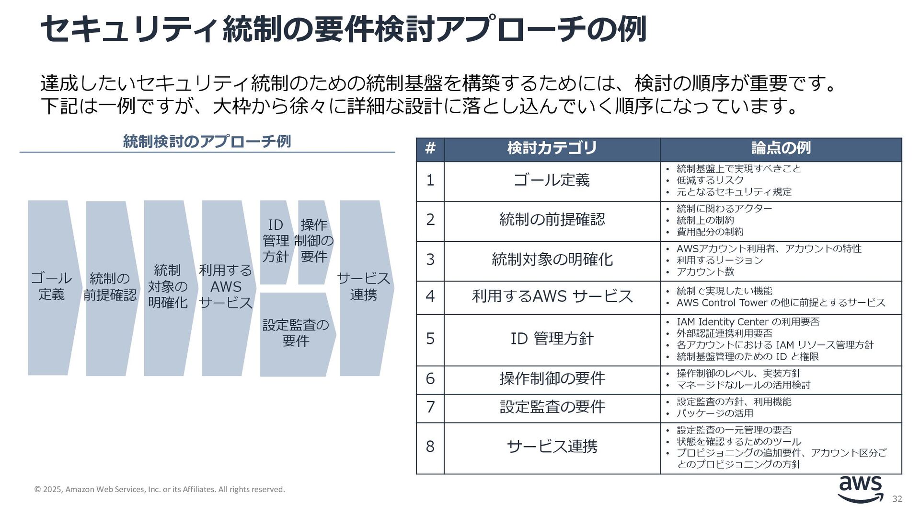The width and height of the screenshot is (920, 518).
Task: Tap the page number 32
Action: tap(897, 499)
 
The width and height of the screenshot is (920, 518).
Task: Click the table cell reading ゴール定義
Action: tap(552, 181)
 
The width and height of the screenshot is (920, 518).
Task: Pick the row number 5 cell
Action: tap(430, 339)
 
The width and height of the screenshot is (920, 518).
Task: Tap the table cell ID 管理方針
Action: tap(552, 339)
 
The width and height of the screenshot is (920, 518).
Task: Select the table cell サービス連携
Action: tap(552, 447)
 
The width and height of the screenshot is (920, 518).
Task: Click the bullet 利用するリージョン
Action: tap(719, 260)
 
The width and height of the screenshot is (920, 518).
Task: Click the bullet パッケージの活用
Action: tap(714, 413)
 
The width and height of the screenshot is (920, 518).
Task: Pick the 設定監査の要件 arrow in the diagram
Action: tap(296, 333)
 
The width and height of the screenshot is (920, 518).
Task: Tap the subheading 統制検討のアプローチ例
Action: tap(207, 141)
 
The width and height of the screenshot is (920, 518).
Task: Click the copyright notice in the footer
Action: tap(160, 490)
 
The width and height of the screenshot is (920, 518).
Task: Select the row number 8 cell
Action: tap(430, 447)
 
